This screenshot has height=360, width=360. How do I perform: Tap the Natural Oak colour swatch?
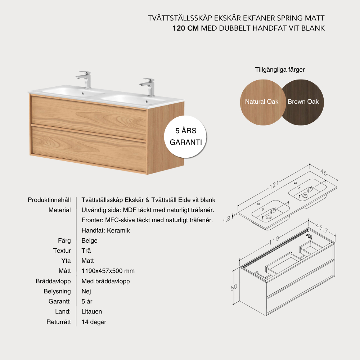coord(262,102)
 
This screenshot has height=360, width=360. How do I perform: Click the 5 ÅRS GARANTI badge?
coord(185,137)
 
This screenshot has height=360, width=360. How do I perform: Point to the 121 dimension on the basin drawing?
coord(274,185)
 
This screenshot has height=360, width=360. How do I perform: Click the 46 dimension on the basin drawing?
coord(324,172)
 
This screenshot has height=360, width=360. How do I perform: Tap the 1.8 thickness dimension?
coord(226,220)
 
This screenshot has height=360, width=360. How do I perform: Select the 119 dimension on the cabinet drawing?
coord(274,240)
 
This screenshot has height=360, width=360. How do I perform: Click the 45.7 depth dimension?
coord(321,228)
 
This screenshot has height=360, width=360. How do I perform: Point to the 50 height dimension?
coord(234,287)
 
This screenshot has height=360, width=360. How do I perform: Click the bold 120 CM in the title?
coord(185,28)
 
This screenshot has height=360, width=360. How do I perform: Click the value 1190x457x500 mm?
coord(108,271)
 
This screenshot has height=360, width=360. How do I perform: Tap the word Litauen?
coord(91,311)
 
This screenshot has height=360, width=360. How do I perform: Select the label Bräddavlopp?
coord(53,281)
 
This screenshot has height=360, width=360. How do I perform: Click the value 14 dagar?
coord(94,322)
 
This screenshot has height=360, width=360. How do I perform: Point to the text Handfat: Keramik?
coord(105,230)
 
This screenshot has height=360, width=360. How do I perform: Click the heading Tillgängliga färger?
coord(280,70)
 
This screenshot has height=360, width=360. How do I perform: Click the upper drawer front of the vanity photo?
coord(89,118)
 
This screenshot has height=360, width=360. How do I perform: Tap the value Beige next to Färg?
coord(89,240)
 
